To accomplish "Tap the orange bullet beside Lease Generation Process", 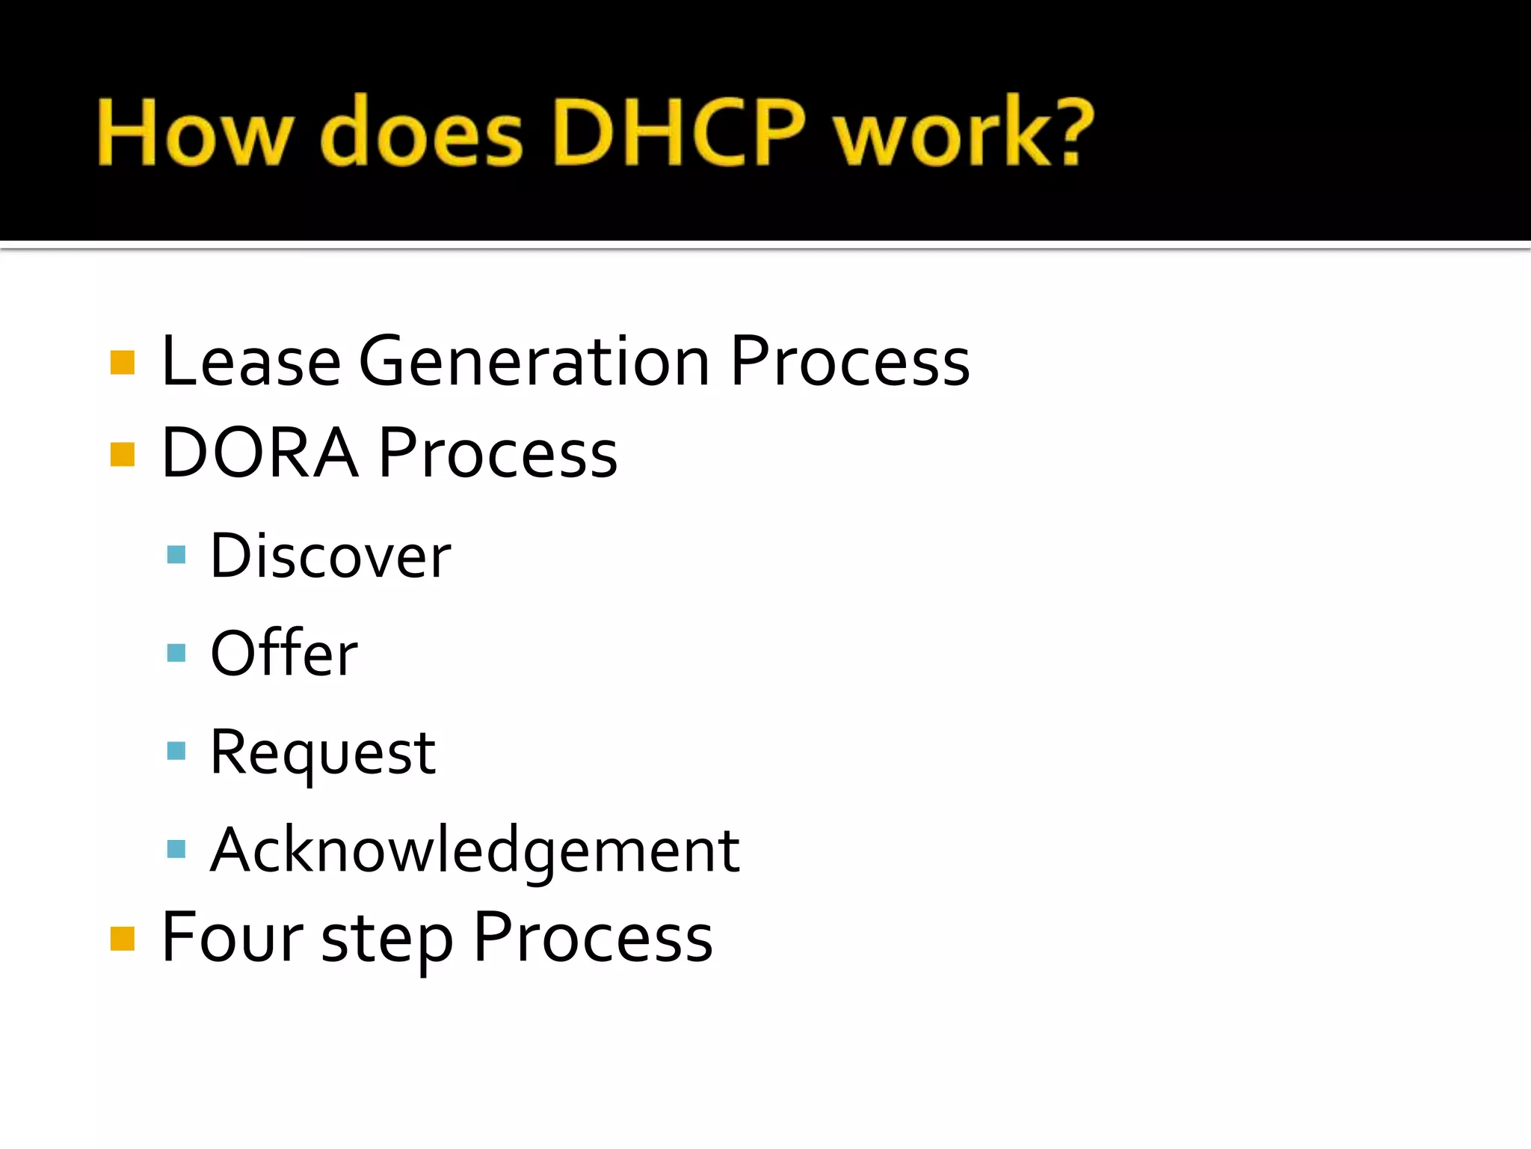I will click(123, 363).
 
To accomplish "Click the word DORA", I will click(259, 453).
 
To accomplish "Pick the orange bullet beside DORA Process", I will click(123, 454).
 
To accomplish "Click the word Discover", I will click(330, 557).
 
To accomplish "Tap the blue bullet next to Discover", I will click(176, 554).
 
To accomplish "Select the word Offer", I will click(284, 653).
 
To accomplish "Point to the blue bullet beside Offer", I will click(176, 653).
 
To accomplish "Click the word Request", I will click(322, 753).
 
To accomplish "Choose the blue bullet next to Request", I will click(176, 750).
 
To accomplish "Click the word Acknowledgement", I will click(475, 851).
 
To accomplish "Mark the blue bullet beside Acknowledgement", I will click(176, 849).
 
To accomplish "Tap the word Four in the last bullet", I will click(232, 937).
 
